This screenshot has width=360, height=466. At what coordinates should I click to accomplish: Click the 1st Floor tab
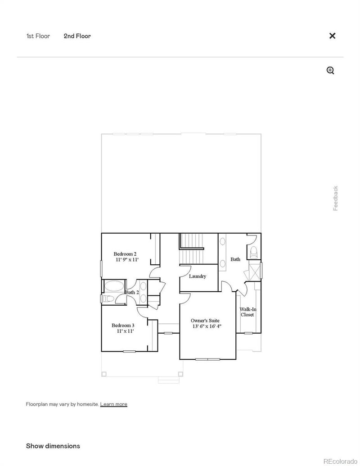pyautogui.click(x=38, y=36)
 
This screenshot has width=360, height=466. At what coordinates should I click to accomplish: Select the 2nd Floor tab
pyautogui.click(x=77, y=36)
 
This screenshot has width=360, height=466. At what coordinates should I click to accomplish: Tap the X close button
pyautogui.click(x=332, y=36)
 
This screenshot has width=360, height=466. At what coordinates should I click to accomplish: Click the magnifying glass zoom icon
pyautogui.click(x=330, y=70)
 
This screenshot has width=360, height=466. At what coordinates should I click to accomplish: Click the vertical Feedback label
pyautogui.click(x=335, y=198)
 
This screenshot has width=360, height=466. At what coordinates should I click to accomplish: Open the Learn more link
pyautogui.click(x=113, y=404)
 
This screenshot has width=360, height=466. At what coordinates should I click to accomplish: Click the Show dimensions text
pyautogui.click(x=53, y=446)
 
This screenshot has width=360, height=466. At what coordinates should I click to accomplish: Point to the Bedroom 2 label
pyautogui.click(x=125, y=254)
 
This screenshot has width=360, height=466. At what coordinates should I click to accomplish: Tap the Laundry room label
pyautogui.click(x=198, y=276)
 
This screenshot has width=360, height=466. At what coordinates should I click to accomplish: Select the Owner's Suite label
pyautogui.click(x=206, y=321)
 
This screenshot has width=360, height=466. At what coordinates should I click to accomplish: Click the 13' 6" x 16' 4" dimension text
pyautogui.click(x=207, y=326)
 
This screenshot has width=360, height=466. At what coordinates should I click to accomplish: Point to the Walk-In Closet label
pyautogui.click(x=247, y=312)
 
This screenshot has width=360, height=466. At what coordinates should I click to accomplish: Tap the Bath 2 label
pyautogui.click(x=132, y=293)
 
